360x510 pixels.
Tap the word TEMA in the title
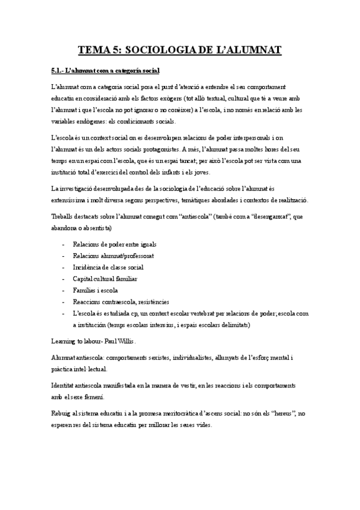click(94, 50)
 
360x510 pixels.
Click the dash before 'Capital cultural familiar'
click(64, 279)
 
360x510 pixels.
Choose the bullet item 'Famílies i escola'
click(96, 290)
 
